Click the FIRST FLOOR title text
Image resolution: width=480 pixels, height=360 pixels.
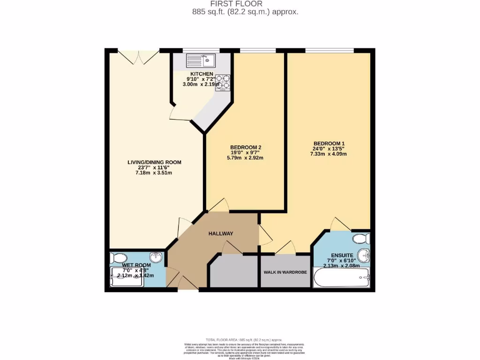[x=240, y=4]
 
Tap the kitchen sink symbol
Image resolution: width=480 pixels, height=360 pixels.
[x=200, y=60]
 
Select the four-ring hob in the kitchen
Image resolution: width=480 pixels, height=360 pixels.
[x=223, y=82]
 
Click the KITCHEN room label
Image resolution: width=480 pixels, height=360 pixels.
[x=202, y=74]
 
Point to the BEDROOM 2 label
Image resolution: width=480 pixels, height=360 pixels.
[x=246, y=147]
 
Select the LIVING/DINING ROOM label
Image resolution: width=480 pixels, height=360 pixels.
[x=154, y=162]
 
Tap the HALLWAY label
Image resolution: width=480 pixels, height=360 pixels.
[x=221, y=233]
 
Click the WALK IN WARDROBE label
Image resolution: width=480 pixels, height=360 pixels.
[x=285, y=272]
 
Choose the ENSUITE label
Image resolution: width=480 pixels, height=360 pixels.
[x=342, y=255]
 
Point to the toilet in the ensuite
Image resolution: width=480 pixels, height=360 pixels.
[x=362, y=239]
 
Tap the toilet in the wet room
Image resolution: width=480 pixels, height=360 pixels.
[x=118, y=258]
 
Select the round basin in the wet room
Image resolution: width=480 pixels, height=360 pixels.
[x=156, y=257]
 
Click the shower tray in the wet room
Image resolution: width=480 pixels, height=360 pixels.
[x=127, y=277]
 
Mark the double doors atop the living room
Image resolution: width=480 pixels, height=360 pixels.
[x=138, y=57]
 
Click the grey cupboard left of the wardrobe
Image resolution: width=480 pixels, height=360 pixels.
[x=233, y=271]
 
